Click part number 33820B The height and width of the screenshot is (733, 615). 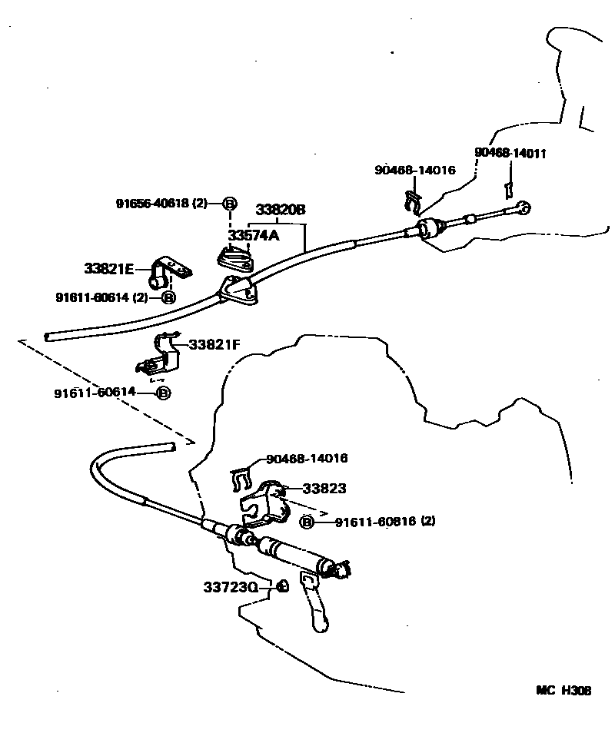(281, 209)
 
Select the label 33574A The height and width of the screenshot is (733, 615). (254, 235)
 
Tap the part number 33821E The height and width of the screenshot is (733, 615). (109, 269)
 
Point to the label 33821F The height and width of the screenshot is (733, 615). (214, 345)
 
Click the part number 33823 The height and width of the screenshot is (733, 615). (324, 489)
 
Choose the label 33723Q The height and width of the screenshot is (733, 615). (231, 587)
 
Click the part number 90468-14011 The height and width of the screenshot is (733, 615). (510, 154)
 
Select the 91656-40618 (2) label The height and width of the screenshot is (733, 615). (161, 204)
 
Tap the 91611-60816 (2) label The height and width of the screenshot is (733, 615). (385, 521)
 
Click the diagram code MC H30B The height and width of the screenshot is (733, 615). (563, 691)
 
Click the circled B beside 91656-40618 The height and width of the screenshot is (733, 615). (230, 204)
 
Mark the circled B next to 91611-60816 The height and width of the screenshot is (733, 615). (306, 522)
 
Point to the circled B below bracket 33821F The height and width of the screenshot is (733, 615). (163, 393)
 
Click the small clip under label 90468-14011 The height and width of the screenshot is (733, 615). (507, 189)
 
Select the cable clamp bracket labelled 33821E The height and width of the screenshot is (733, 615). (168, 271)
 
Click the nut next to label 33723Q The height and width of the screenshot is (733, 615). (282, 585)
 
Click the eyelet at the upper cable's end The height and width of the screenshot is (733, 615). (524, 208)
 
